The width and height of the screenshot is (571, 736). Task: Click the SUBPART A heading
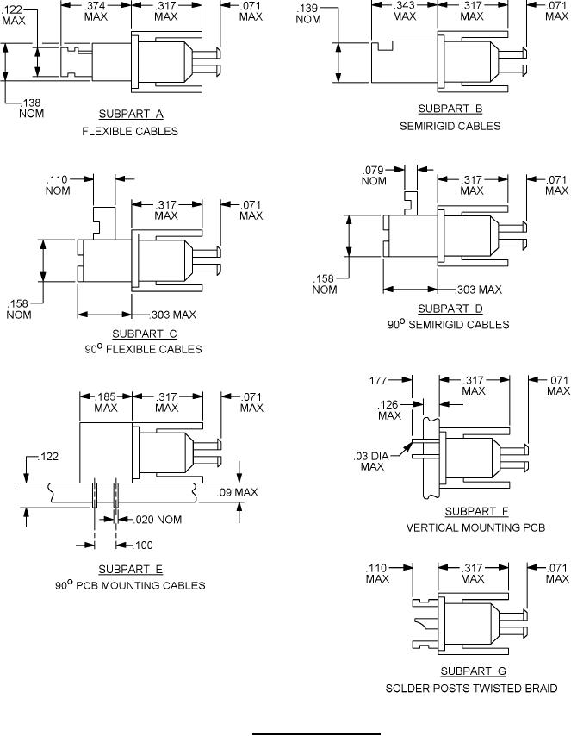click(131, 114)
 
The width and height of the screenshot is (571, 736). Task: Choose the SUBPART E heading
click(131, 569)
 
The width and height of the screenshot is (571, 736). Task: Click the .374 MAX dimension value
click(96, 11)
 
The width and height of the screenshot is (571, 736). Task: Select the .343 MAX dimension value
click(404, 11)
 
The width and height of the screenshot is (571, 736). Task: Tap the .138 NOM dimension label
click(33, 107)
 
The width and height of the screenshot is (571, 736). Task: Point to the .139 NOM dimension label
click(307, 14)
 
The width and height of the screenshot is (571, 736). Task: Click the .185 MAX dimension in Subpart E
click(106, 402)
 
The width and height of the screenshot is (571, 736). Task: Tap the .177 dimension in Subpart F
click(376, 380)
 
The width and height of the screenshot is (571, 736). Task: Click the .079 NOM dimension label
click(374, 175)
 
